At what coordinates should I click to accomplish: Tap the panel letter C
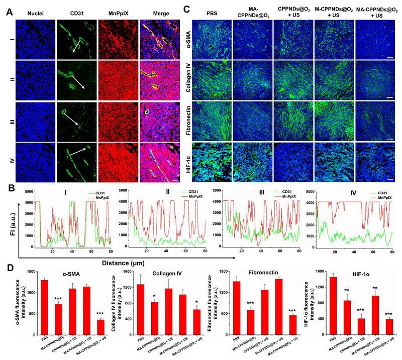click(x=187, y=9)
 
